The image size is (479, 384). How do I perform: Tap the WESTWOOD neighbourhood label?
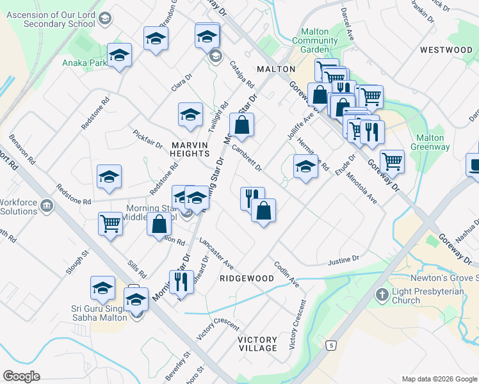pos(446,50)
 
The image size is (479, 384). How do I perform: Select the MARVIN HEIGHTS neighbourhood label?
pos(190,149)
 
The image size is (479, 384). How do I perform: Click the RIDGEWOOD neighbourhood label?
pos(247,279)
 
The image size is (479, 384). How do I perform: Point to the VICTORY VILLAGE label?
pos(257,344)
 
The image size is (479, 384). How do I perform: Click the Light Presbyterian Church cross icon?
pos(382,295)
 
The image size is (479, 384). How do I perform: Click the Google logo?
pos(21,376)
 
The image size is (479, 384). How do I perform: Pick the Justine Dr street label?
pos(344,261)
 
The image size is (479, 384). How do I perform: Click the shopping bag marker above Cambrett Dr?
pos(241,125)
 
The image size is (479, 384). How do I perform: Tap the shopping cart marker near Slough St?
pos(110,223)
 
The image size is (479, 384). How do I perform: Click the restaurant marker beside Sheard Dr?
pos(181,281)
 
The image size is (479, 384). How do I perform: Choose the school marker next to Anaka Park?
pos(119,55)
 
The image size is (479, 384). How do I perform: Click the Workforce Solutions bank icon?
pos(46,205)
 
